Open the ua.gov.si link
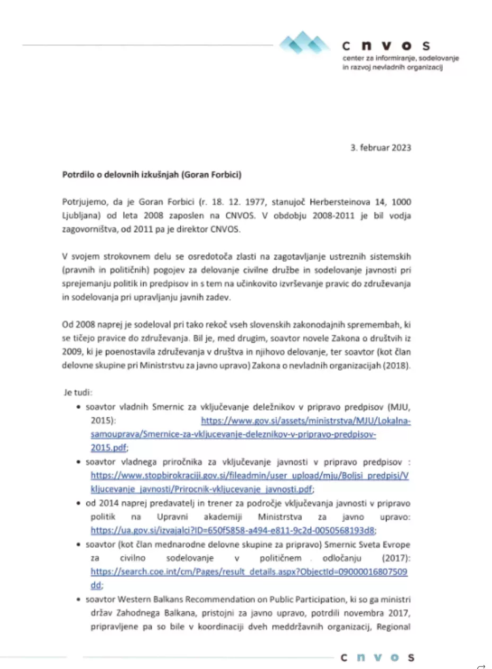point(233,530)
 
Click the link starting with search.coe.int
point(249,572)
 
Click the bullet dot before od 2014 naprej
point(78,503)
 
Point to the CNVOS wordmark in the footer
point(377,657)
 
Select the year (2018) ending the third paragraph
point(397,365)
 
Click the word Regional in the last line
point(393,628)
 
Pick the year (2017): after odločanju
point(397,558)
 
